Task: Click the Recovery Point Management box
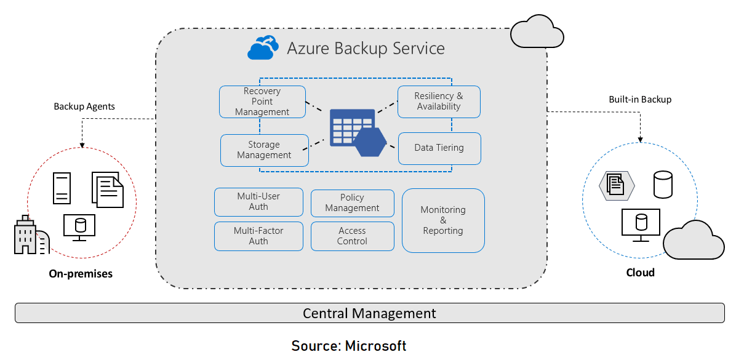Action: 262,102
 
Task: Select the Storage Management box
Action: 264,150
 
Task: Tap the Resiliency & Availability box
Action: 438,102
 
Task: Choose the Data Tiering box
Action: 439,148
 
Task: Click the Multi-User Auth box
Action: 258,202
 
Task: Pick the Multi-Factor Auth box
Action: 258,236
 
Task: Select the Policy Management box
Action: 352,203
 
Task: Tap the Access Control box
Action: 352,236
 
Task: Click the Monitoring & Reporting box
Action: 443,220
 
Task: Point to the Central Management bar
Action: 369,313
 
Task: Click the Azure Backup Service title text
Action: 366,49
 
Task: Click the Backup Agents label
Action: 84,106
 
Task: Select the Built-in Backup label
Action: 640,99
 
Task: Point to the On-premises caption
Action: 81,274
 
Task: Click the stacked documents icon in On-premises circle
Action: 108,189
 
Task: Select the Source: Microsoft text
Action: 349,345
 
